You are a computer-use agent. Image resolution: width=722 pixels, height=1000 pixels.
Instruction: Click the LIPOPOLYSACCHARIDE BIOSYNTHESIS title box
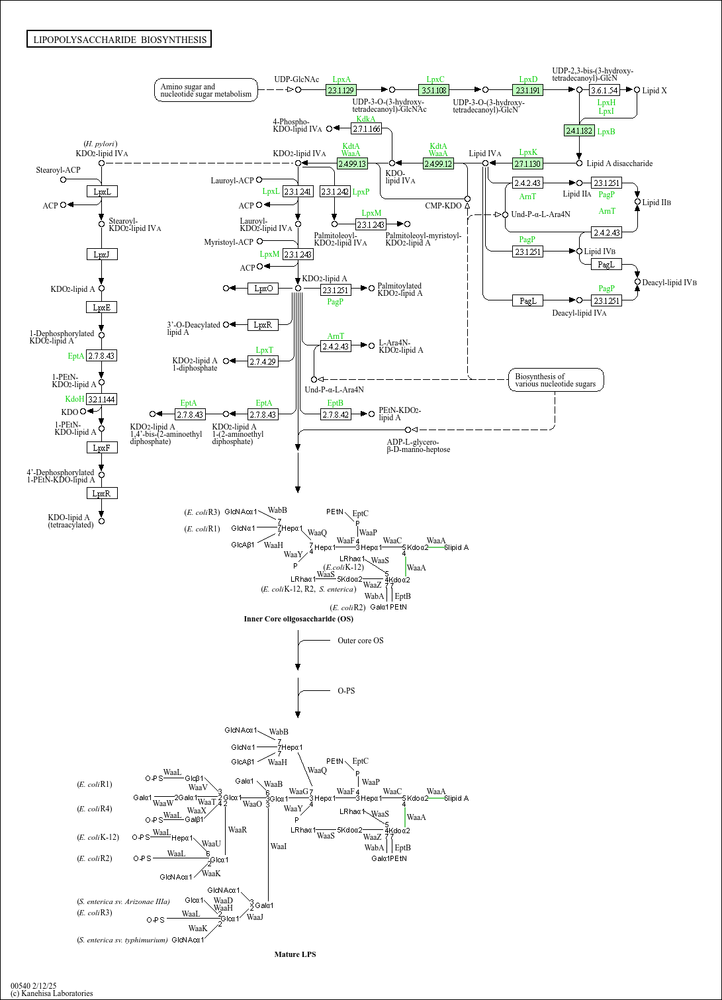(119, 40)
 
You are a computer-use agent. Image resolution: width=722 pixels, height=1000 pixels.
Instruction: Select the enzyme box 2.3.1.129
(341, 90)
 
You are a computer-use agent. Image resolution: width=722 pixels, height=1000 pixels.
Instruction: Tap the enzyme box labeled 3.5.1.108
(433, 90)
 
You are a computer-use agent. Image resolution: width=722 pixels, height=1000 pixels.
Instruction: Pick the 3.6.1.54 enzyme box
(604, 90)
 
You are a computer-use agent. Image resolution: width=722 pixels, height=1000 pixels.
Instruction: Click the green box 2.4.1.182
(579, 131)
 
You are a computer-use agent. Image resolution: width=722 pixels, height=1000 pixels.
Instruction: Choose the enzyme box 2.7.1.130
(527, 163)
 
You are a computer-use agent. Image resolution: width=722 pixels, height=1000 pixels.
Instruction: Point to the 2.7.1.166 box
(367, 129)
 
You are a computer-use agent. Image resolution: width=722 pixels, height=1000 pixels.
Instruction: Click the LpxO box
(263, 289)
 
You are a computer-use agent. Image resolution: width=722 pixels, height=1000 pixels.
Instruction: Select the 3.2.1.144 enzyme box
(101, 400)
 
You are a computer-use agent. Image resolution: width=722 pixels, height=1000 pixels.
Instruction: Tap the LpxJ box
(101, 254)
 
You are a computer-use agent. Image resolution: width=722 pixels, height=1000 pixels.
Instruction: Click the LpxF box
(101, 448)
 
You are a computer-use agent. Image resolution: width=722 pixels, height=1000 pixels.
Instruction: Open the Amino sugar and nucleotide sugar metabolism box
(206, 90)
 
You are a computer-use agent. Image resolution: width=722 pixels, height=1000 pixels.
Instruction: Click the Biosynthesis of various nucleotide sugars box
(555, 380)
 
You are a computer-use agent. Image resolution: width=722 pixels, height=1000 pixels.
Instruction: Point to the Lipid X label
(654, 91)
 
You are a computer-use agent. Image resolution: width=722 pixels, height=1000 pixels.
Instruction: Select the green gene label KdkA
(366, 119)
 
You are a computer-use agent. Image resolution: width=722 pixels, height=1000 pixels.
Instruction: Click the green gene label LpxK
(528, 152)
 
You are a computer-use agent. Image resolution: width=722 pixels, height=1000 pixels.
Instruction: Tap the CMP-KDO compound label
(443, 206)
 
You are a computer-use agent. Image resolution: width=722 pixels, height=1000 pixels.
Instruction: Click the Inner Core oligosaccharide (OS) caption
(298, 619)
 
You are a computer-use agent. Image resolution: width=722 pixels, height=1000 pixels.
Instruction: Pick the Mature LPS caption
(295, 954)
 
